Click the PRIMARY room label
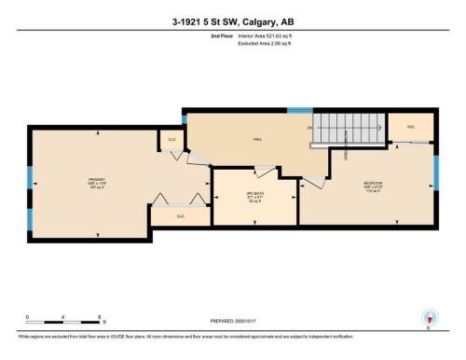coord(96,181)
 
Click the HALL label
coord(256,140)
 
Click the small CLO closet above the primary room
coord(172,140)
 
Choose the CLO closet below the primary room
coord(181,216)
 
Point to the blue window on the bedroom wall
coord(435,173)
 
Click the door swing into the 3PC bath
coord(264,172)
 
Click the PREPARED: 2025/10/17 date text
coord(232,323)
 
